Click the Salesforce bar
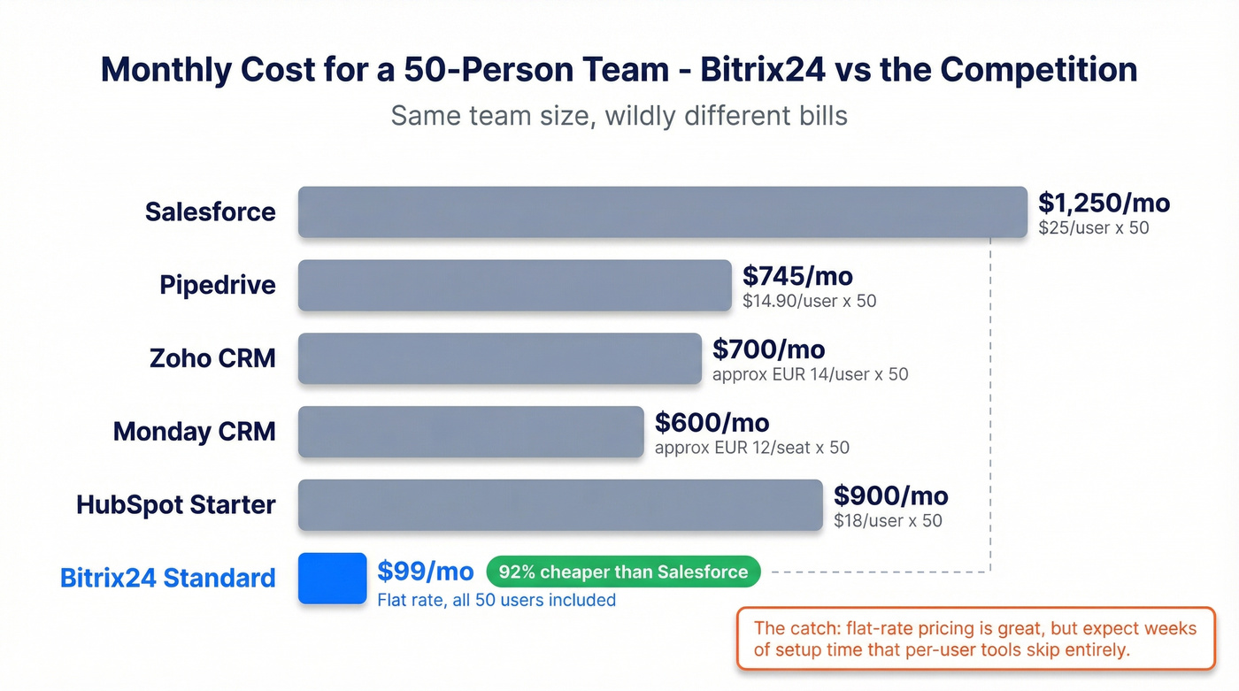tap(662, 212)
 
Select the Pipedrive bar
tap(514, 286)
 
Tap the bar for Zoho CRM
tap(499, 358)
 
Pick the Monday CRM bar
tap(470, 432)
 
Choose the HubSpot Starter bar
tap(560, 505)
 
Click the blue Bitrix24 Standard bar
tap(332, 579)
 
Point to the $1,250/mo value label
tap(1104, 203)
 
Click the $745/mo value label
tap(797, 276)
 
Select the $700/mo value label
tap(768, 349)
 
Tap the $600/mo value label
tap(712, 423)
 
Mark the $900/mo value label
tap(890, 495)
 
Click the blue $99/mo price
tap(425, 572)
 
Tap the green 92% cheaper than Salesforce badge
tap(623, 572)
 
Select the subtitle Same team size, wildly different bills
tap(619, 116)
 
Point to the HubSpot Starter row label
tap(176, 505)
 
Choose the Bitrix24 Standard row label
tap(168, 579)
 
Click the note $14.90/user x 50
tap(809, 301)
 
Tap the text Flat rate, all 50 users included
tap(496, 600)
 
